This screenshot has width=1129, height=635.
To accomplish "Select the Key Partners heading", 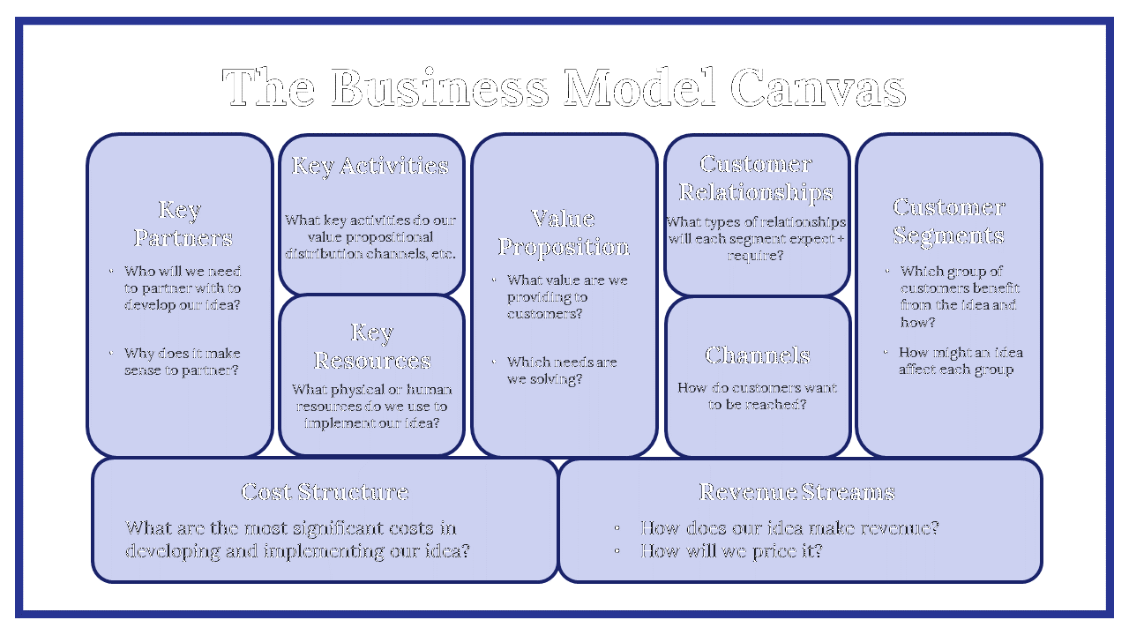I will pos(183,224).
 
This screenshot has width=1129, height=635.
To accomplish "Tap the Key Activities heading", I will pos(370,166).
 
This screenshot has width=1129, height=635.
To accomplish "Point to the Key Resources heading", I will pos(372,347).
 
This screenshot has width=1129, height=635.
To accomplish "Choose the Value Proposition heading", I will pos(564,233).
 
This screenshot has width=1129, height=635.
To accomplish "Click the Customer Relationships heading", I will pos(756,178).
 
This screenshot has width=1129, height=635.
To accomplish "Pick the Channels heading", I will pos(758,355).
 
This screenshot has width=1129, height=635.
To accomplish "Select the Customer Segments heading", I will pos(948,221).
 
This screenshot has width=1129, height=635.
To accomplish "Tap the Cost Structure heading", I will pos(325,492).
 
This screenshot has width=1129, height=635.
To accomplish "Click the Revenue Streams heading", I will pos(796,492).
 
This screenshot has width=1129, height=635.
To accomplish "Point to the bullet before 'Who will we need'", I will pos(111,272).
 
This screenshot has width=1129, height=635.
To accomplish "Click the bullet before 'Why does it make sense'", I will pos(111,354).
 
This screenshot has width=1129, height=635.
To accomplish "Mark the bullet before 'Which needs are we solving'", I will pos(494,362).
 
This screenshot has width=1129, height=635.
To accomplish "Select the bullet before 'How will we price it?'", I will pos(618,552).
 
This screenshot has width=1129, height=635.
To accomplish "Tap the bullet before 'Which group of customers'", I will pos(887,272).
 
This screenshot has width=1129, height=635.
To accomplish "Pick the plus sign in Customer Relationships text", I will pos(840,239).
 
